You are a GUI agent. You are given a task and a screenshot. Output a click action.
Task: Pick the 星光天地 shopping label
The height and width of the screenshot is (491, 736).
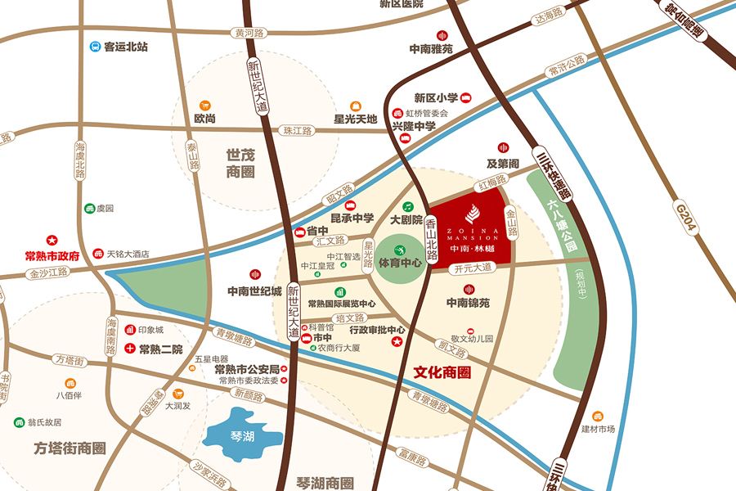coord(355,119)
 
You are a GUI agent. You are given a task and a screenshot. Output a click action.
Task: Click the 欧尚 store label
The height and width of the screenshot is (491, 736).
coord(204,119)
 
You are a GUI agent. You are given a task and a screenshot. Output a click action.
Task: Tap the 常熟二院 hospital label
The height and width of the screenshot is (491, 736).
coord(160,349)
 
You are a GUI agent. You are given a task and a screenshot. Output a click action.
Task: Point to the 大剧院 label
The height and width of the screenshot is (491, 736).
coord(406,219)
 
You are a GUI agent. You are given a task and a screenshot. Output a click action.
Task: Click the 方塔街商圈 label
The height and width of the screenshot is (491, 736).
coord(70,448)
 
